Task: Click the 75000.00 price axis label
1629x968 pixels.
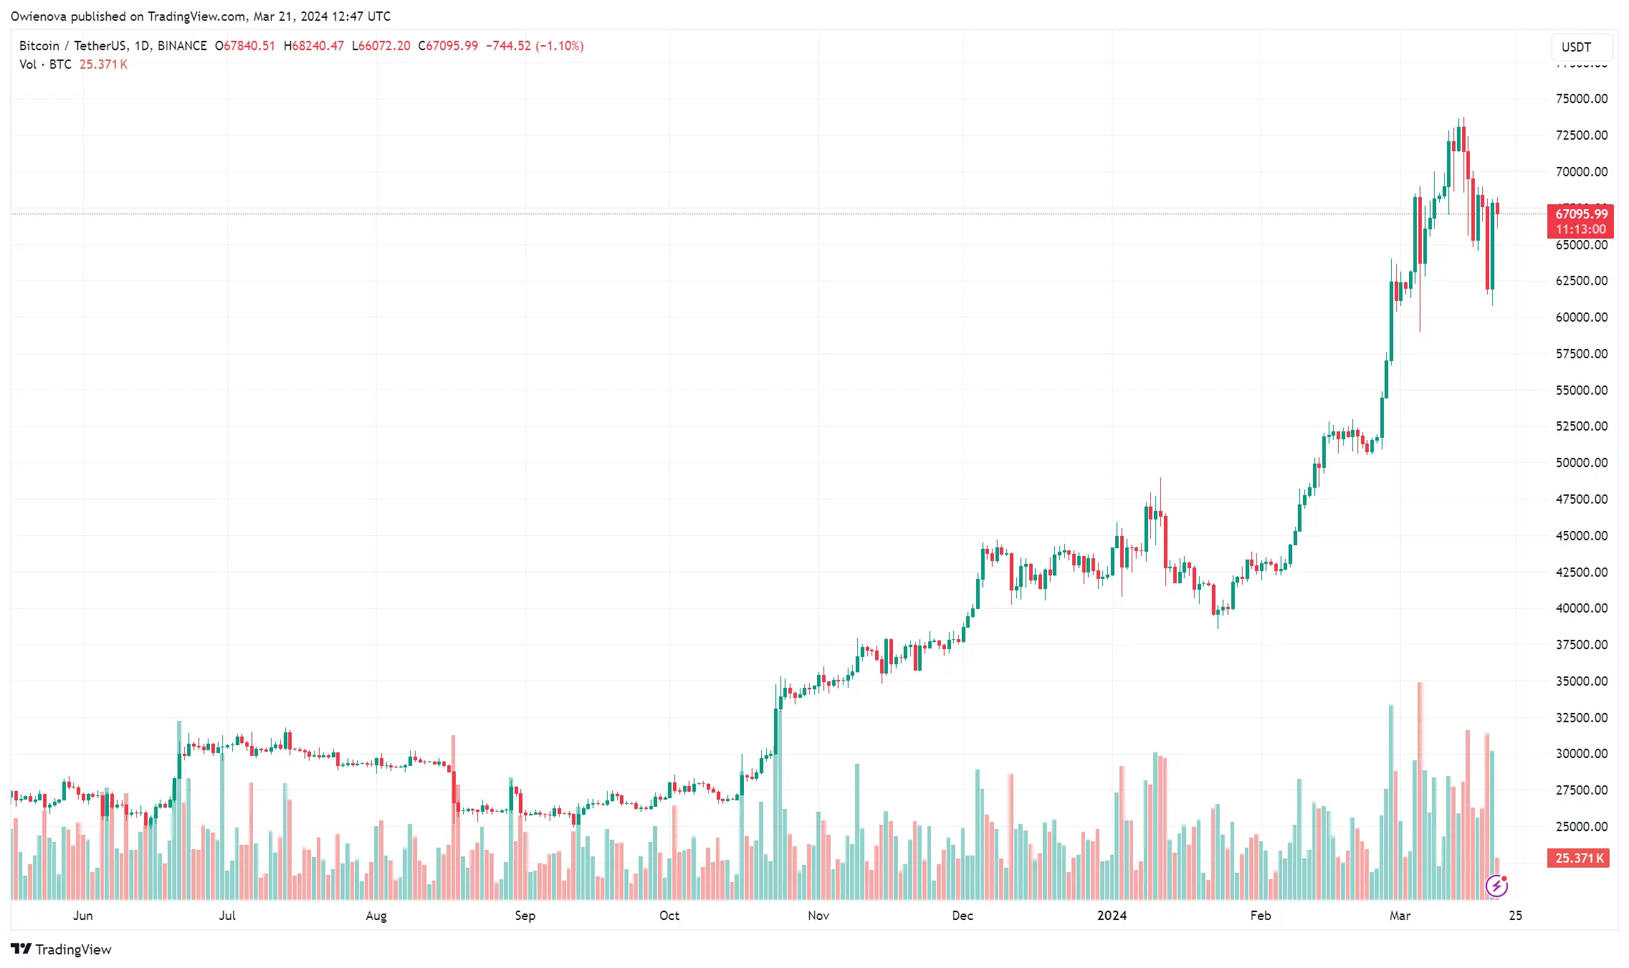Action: click(x=1581, y=99)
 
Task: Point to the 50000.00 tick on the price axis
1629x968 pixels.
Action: click(x=1581, y=463)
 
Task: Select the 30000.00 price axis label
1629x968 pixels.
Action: click(x=1581, y=754)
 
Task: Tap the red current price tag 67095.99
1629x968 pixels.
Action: click(x=1580, y=214)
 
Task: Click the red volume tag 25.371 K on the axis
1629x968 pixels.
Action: click(x=1579, y=858)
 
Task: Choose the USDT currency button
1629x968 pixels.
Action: click(x=1577, y=47)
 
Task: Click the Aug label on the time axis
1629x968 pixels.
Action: click(x=376, y=916)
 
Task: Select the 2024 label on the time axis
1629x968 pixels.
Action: click(x=1112, y=916)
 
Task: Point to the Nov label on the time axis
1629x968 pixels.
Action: click(x=818, y=916)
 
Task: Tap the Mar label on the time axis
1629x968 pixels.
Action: click(x=1400, y=916)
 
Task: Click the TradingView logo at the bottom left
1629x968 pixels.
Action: click(x=62, y=949)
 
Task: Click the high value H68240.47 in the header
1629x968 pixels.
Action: click(x=314, y=46)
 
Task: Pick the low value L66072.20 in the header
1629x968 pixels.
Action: click(x=381, y=46)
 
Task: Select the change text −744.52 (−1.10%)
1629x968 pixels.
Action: click(x=535, y=46)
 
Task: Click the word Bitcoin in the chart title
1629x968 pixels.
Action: click(x=39, y=46)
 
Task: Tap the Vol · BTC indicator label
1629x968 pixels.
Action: click(x=45, y=64)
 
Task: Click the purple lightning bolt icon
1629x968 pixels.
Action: click(x=1496, y=886)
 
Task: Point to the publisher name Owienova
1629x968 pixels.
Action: click(x=39, y=16)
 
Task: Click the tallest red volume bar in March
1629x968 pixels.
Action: click(x=1420, y=788)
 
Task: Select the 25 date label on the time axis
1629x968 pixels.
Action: click(x=1515, y=916)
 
